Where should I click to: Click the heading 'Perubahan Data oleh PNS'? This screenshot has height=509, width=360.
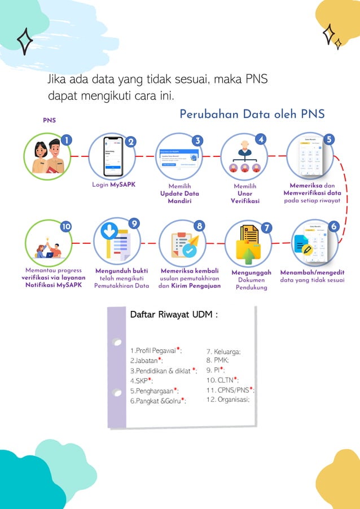[252, 114]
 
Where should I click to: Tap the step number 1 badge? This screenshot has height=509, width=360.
[67, 140]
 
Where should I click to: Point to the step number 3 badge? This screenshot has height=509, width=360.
[197, 141]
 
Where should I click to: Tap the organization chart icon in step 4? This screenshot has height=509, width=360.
[244, 157]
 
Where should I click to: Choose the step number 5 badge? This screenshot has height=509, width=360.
[330, 140]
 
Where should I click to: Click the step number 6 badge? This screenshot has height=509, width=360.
[333, 226]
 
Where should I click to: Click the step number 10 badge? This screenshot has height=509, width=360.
[66, 226]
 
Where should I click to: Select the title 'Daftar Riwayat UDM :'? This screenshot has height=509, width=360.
[174, 314]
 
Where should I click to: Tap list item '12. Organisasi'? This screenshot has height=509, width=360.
[228, 399]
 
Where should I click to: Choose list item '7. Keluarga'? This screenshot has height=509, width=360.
[224, 351]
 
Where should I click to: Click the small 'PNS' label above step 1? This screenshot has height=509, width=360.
[49, 120]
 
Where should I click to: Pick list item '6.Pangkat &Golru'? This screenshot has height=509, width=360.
[157, 401]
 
